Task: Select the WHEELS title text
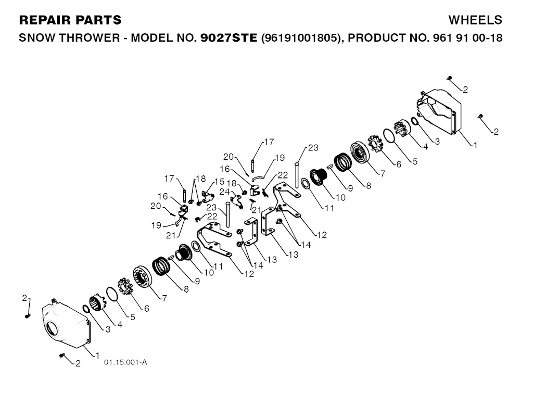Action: (x=475, y=20)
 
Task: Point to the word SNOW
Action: (x=36, y=39)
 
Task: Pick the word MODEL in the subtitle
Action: (x=150, y=39)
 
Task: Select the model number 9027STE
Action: (x=229, y=39)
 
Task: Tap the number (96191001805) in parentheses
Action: (x=301, y=39)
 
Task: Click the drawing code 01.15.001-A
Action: (x=125, y=362)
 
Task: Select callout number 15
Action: (x=220, y=182)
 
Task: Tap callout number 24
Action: (x=224, y=192)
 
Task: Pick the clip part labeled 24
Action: (x=237, y=200)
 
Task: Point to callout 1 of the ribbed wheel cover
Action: (x=474, y=145)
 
